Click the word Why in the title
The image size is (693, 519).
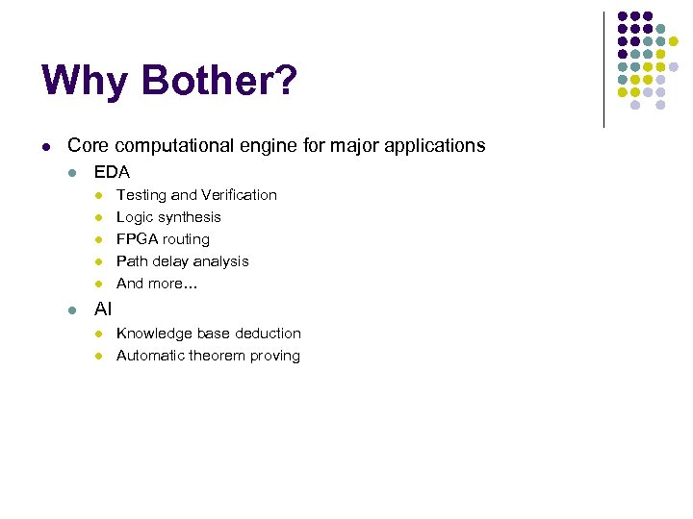tap(85, 81)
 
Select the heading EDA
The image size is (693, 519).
tap(112, 172)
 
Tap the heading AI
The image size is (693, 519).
tap(102, 310)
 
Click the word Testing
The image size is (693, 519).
tap(141, 195)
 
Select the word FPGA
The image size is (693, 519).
tap(137, 239)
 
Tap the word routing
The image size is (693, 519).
tap(186, 239)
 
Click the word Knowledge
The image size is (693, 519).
tap(155, 334)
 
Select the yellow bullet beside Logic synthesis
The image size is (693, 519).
tap(97, 218)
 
